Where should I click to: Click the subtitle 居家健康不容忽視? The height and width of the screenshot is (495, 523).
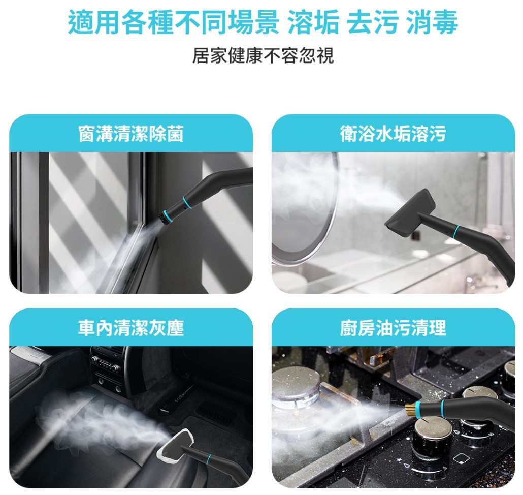[x=263, y=55]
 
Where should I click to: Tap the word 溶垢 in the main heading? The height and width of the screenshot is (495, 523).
[x=313, y=22]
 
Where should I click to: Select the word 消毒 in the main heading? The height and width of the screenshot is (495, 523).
[x=432, y=22]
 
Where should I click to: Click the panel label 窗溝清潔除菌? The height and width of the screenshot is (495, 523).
[x=131, y=134]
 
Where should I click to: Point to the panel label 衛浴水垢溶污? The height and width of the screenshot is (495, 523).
[x=393, y=134]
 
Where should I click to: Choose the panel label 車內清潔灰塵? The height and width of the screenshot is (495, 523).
[x=131, y=328]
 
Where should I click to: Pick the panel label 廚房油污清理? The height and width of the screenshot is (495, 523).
[x=393, y=328]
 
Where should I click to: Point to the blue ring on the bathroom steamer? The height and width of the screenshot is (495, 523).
[x=456, y=231]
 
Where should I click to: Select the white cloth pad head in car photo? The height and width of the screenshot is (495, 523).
[x=175, y=448]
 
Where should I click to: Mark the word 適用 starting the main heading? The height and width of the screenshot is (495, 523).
[x=94, y=22]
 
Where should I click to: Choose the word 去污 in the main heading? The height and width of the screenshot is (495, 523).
[x=373, y=22]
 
